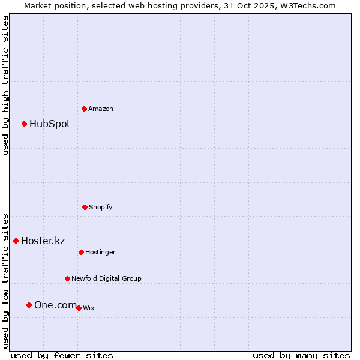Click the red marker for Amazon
click(x=85, y=109)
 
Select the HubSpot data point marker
click(x=25, y=124)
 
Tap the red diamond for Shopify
click(x=85, y=207)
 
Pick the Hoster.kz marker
click(x=16, y=241)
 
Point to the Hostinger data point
click(x=81, y=252)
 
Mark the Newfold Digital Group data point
click(x=67, y=278)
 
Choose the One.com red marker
click(x=29, y=305)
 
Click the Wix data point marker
click(x=79, y=308)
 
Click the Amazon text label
click(x=101, y=109)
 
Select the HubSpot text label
click(x=50, y=124)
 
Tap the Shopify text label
click(x=101, y=207)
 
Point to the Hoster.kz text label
click(x=43, y=241)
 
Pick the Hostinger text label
click(x=100, y=252)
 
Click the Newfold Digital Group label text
click(x=106, y=278)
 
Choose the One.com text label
click(x=55, y=305)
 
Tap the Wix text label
click(x=89, y=308)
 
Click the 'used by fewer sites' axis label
click(x=62, y=355)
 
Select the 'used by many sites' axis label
click(x=301, y=355)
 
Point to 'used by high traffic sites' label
click(x=5, y=85)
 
